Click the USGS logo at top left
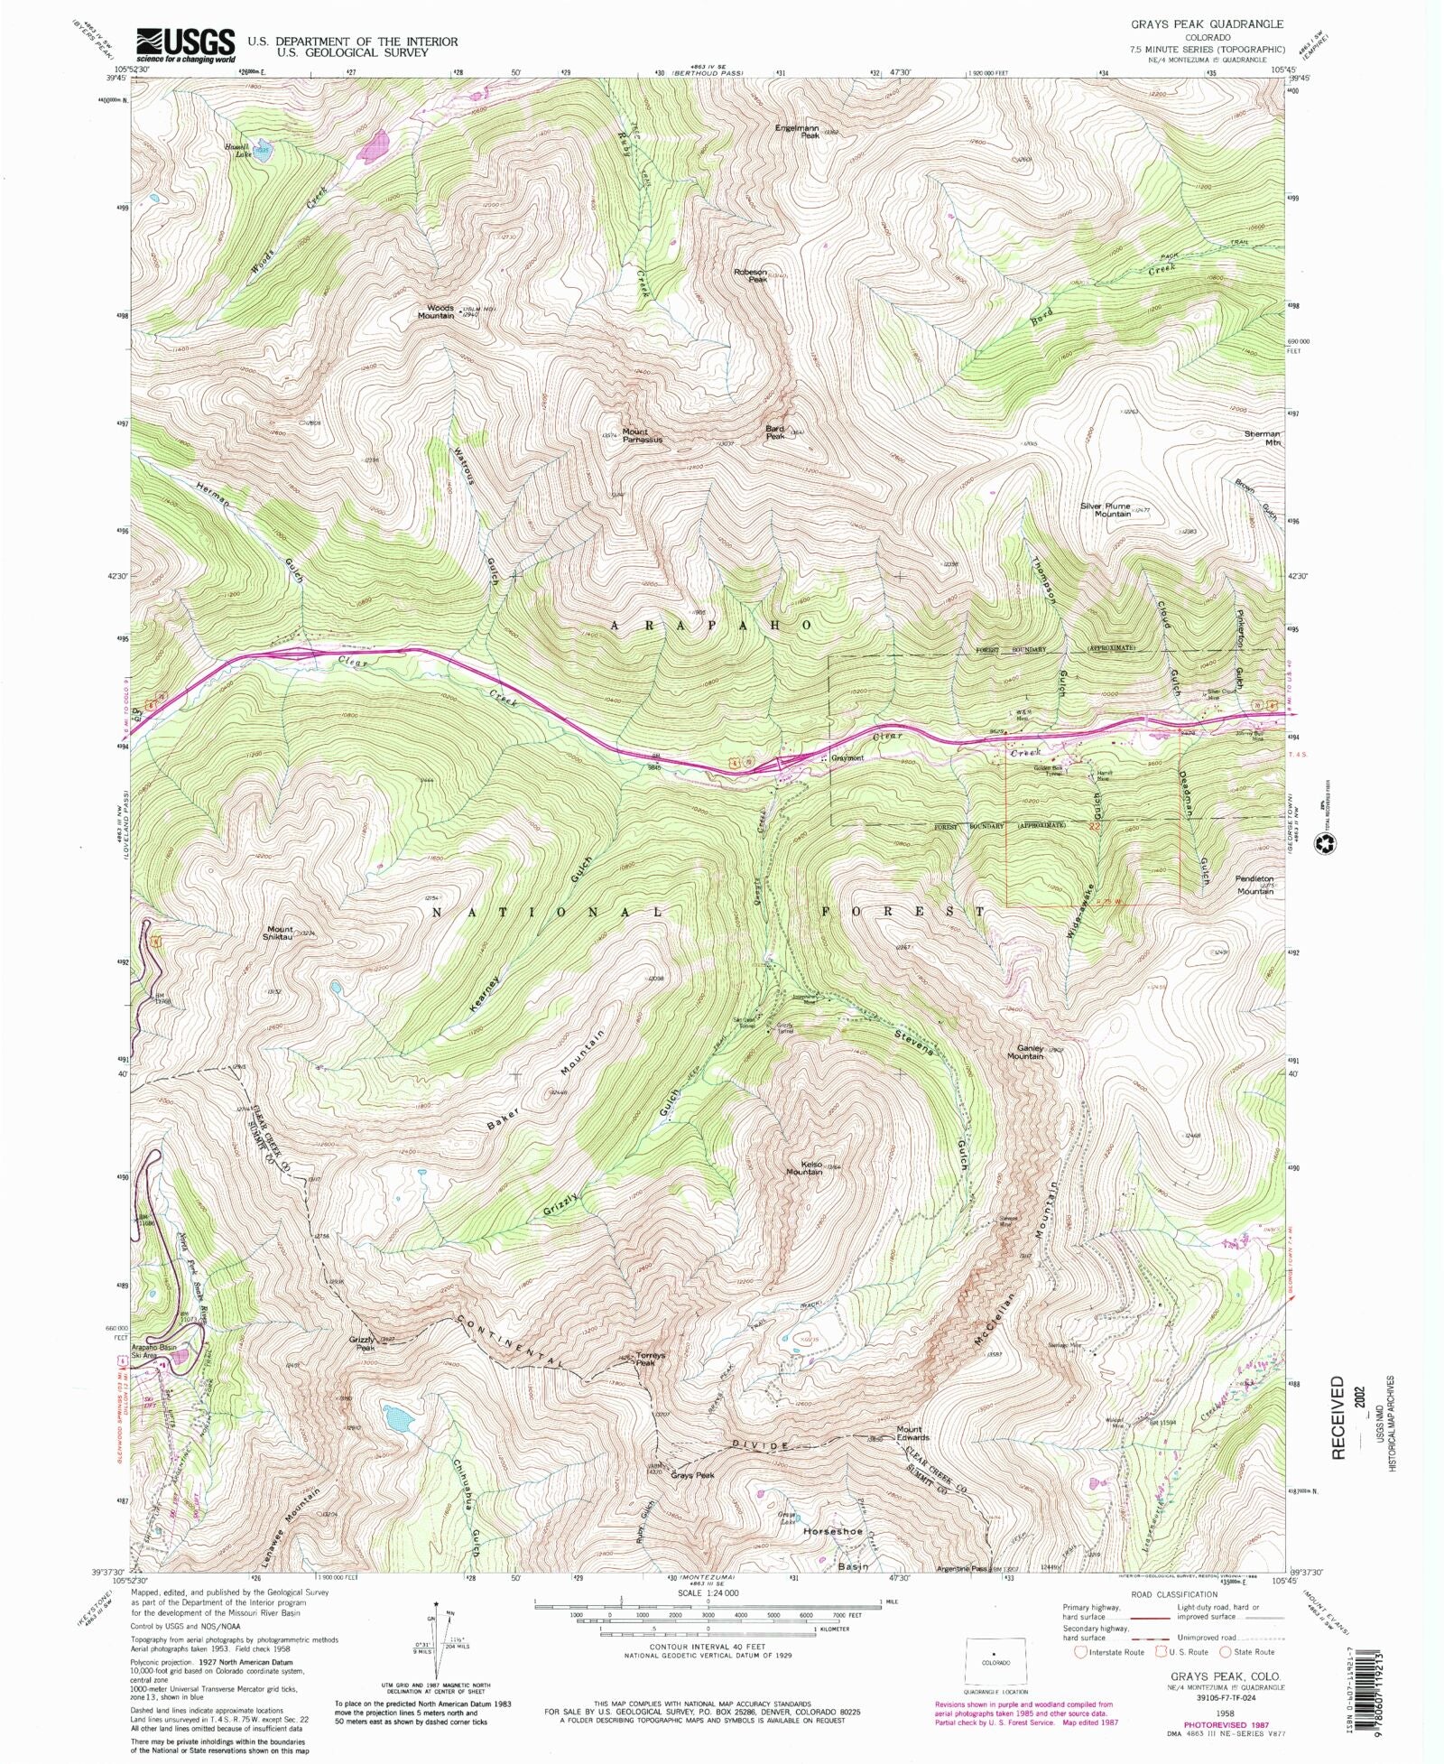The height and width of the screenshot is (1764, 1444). (x=185, y=44)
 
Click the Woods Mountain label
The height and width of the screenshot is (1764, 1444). (x=440, y=311)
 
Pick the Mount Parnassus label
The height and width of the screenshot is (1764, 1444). (x=642, y=435)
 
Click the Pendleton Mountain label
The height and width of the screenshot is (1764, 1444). (x=1254, y=885)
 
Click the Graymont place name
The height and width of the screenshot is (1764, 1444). (x=847, y=758)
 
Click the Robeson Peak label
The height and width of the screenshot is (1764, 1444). (x=750, y=275)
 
